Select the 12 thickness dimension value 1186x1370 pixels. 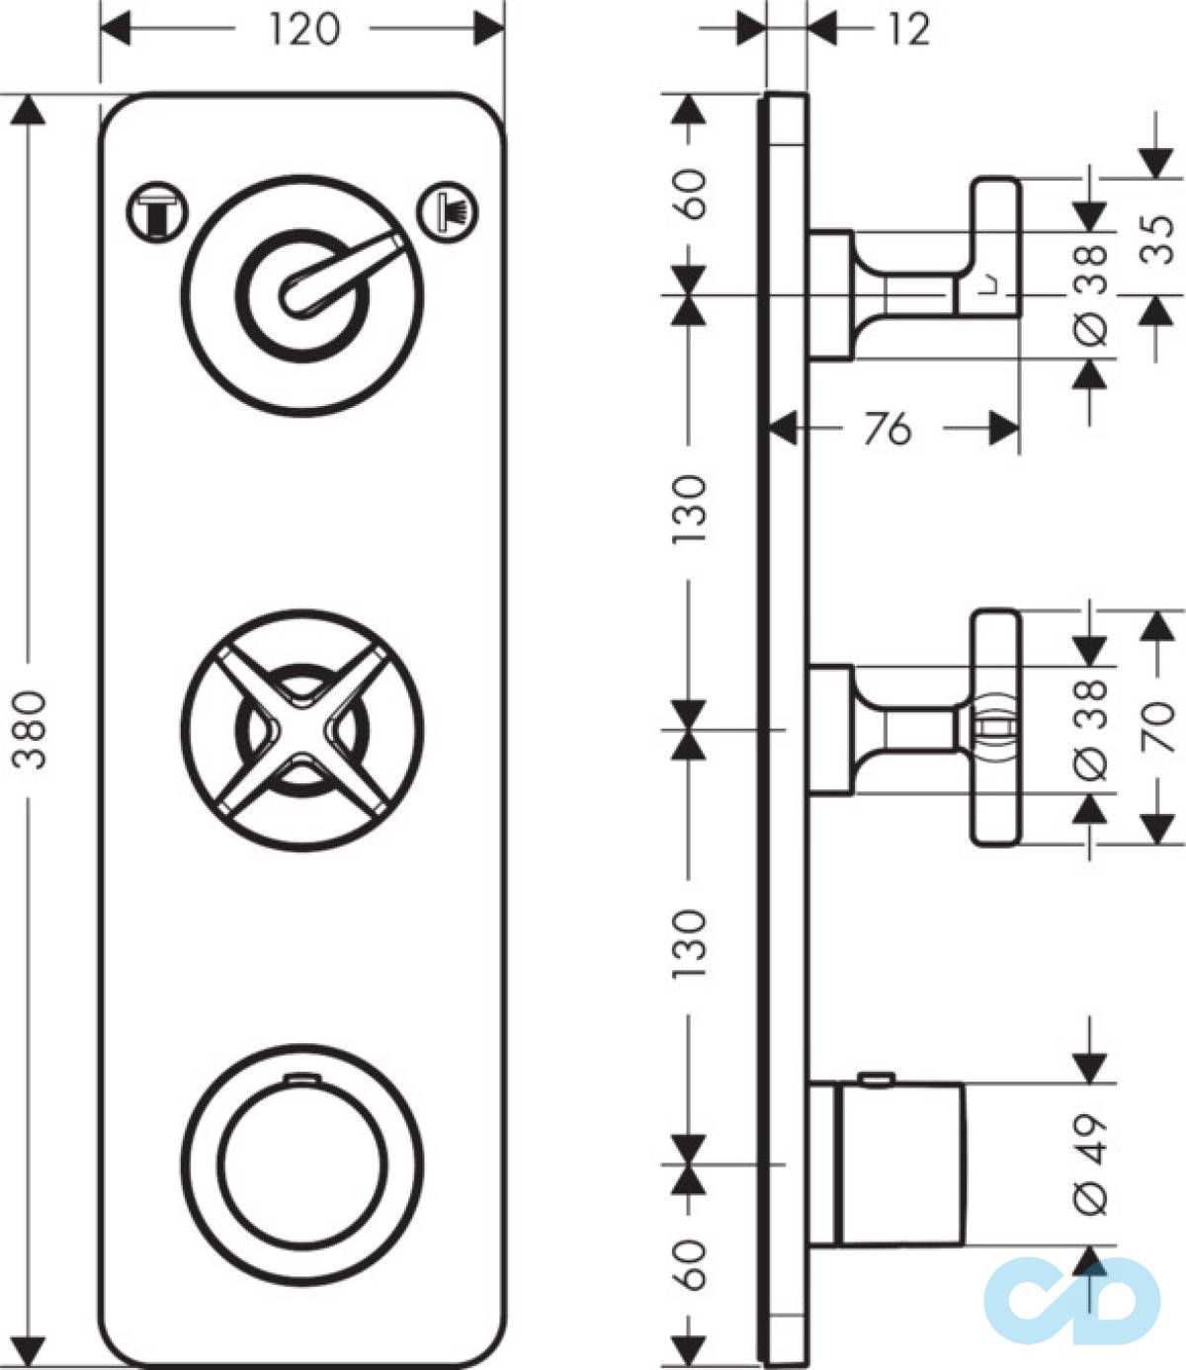[908, 30]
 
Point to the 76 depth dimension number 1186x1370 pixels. [887, 429]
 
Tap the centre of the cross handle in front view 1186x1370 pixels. [300, 729]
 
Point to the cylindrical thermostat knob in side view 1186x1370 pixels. [899, 1164]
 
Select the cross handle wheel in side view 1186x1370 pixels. [993, 728]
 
